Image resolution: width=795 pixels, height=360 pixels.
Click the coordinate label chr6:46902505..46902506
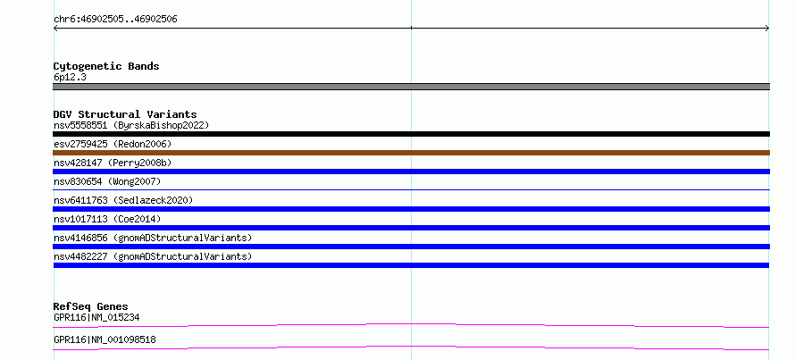(x=115, y=20)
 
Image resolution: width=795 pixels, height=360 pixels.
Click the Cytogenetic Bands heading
(x=106, y=66)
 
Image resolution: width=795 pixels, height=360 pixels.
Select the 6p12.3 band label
(x=70, y=78)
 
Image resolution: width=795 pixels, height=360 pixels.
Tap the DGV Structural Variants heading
(x=125, y=114)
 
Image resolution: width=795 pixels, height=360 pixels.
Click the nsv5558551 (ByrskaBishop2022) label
(x=131, y=125)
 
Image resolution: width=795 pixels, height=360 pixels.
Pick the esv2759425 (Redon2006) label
(x=113, y=144)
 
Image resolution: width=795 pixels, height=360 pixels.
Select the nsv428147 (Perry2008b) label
(x=113, y=163)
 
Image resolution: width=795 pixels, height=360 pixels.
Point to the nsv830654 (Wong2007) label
(x=107, y=181)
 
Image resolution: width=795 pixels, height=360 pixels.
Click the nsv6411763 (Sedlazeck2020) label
(x=123, y=200)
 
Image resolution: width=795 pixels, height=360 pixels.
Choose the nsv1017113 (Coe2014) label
(x=107, y=219)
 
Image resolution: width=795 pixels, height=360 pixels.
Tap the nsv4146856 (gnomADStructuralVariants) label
(x=153, y=238)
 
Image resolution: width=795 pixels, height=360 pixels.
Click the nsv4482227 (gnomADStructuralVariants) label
(x=153, y=256)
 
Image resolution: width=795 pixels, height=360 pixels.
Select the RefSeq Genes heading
(x=91, y=306)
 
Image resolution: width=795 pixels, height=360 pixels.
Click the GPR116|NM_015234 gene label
(x=96, y=318)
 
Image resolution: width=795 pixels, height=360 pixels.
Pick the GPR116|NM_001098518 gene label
(x=105, y=339)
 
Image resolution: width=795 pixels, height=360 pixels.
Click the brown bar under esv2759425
(x=411, y=153)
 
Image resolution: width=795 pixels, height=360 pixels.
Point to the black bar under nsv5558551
(x=411, y=134)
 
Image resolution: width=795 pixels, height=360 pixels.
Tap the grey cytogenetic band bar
(x=411, y=87)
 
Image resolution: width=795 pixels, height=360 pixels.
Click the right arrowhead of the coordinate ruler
(x=768, y=29)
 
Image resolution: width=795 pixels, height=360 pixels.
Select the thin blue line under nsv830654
(x=411, y=189)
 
